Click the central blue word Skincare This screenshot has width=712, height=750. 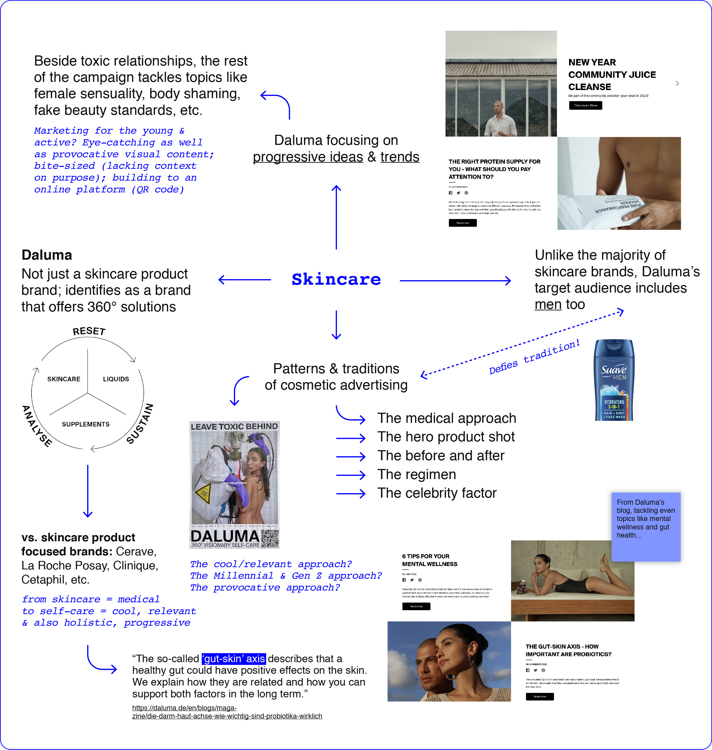336,280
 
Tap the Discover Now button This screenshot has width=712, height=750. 585,105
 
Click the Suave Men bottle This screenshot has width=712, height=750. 614,380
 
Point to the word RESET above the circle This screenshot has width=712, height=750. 89,331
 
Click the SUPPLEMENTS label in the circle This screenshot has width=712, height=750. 86,424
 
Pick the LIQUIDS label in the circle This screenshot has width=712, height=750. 116,379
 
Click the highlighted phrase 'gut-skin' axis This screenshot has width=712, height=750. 234,659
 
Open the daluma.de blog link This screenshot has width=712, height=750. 227,712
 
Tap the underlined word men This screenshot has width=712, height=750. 548,305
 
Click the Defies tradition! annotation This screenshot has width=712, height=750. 534,357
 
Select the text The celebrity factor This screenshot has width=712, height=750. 436,493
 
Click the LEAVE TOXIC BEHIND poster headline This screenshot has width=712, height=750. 234,427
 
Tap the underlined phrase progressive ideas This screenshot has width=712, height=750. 308,157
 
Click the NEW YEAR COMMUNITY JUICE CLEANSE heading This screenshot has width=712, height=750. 612,74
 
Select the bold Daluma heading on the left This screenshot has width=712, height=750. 47,255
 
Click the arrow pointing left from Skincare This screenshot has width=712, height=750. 245,280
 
